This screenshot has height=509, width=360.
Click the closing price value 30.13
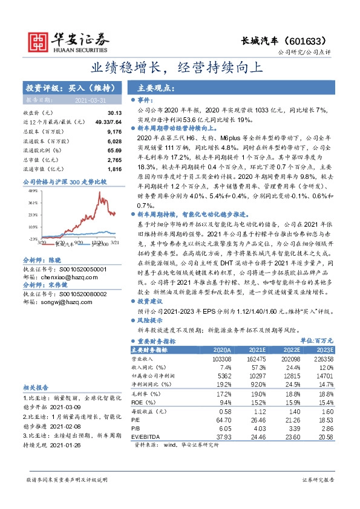114,113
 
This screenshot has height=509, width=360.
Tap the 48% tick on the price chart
34,190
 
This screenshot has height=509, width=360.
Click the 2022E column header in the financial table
293,350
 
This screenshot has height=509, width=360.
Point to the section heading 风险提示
151,320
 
